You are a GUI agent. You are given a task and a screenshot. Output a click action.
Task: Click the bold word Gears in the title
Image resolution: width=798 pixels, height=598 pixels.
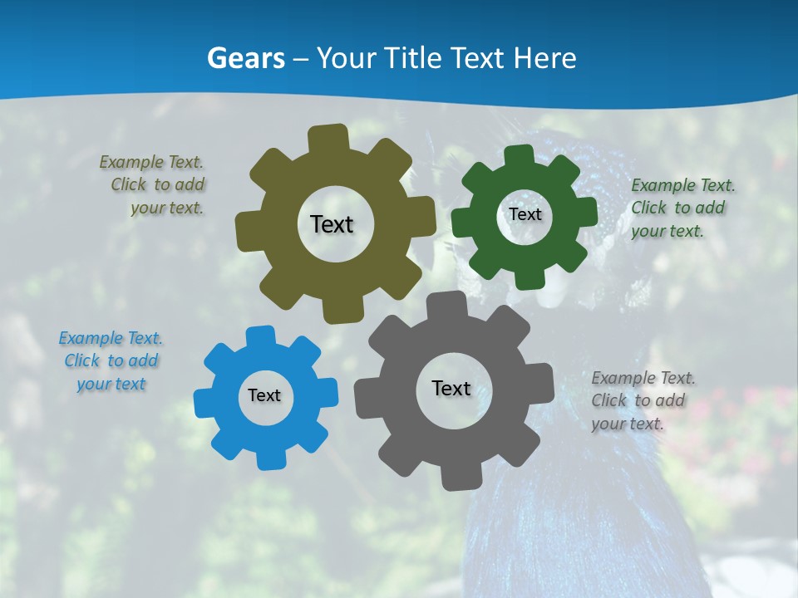(245, 58)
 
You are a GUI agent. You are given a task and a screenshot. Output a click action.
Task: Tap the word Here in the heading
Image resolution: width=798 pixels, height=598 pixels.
(545, 58)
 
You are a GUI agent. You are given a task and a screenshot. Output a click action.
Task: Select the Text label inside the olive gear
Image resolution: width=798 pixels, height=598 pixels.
(332, 224)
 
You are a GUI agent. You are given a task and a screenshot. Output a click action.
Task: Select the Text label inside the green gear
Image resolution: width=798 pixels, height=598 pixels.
(525, 214)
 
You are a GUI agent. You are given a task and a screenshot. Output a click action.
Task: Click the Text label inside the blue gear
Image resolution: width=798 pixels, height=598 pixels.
(264, 395)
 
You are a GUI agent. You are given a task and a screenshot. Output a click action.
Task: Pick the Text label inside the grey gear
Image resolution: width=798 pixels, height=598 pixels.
(451, 388)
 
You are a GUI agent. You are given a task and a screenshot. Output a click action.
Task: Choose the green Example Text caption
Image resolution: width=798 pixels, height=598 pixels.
(682, 208)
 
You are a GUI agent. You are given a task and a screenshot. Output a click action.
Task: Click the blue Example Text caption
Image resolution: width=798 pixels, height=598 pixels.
(111, 360)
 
